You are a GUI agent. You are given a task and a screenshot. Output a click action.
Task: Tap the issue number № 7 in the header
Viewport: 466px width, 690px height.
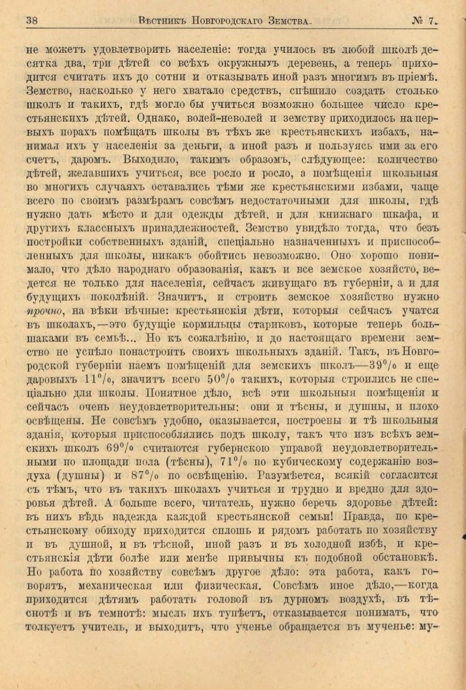click(x=424, y=21)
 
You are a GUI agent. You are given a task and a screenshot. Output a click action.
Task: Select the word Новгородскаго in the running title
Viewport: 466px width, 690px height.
click(x=218, y=21)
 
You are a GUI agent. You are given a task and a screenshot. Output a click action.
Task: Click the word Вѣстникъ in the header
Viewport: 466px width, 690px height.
click(x=160, y=21)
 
